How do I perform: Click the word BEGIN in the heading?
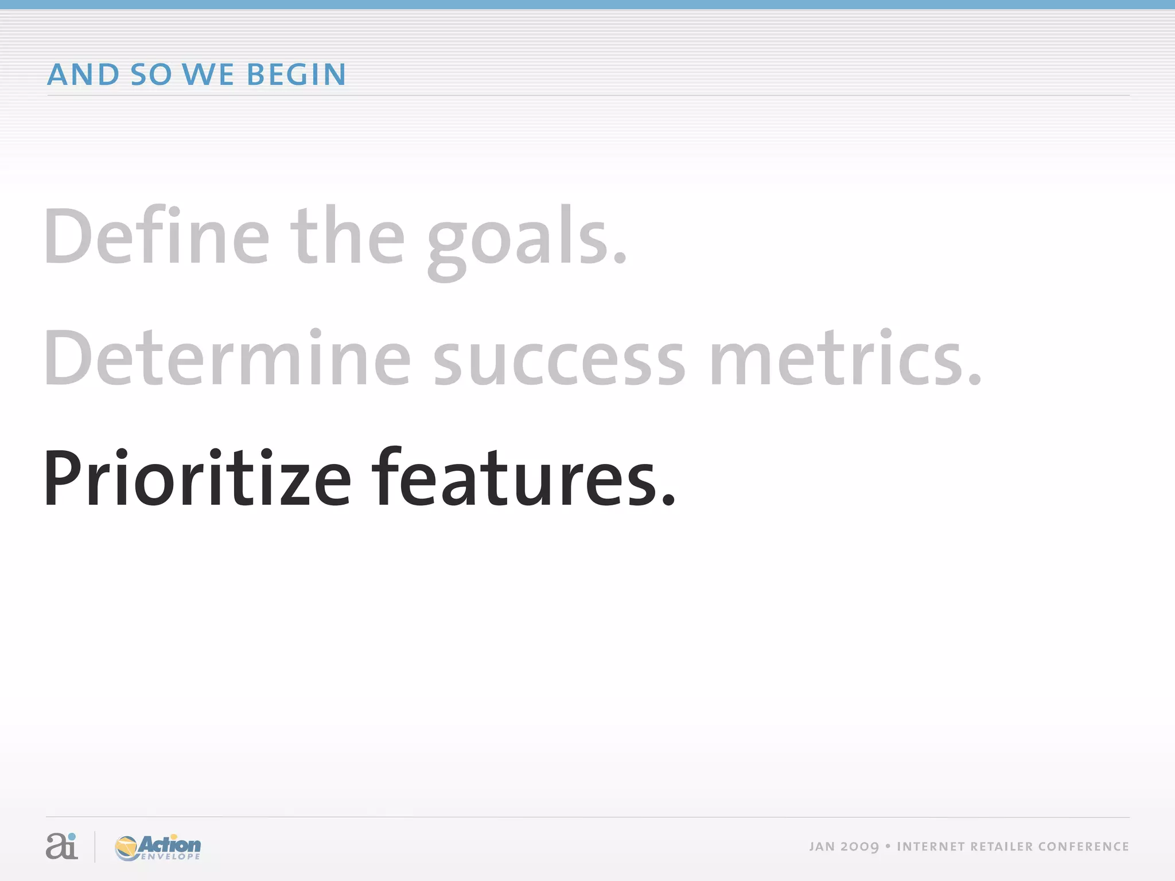(296, 75)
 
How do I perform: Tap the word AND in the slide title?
(83, 75)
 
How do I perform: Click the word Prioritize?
(197, 480)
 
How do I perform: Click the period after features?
(668, 502)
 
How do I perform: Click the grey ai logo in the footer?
(61, 846)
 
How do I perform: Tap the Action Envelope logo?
(158, 847)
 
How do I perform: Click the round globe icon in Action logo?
(127, 848)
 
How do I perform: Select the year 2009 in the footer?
(859, 847)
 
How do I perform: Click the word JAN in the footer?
(822, 847)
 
